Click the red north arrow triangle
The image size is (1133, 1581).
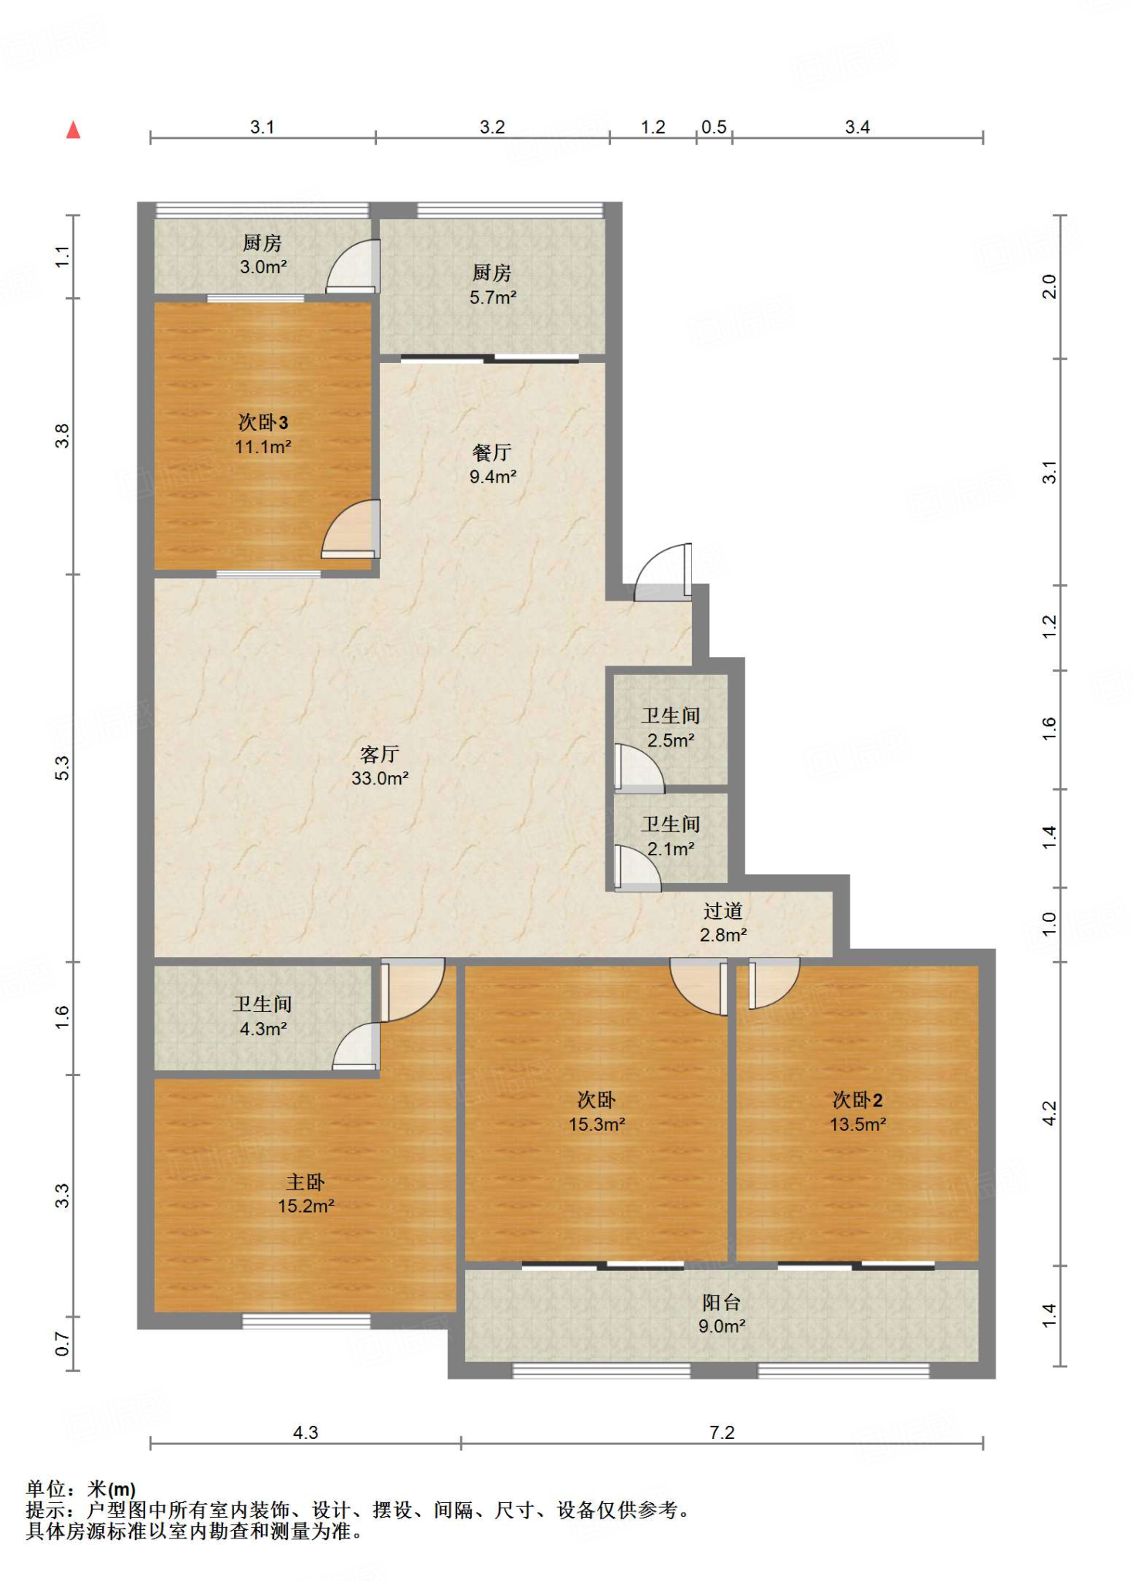point(73,130)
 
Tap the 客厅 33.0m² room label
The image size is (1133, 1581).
point(380,766)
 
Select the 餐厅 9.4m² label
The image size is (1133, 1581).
point(493,464)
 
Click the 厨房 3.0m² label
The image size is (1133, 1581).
point(263,255)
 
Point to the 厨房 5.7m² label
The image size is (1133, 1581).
point(493,285)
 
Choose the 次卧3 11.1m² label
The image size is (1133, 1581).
point(263,434)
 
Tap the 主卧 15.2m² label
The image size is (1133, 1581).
point(306,1193)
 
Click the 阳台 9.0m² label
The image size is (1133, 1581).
point(722,1314)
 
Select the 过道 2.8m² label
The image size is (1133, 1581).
point(723,923)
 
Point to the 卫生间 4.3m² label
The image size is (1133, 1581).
point(263,1016)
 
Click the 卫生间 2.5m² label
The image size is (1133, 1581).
point(670,728)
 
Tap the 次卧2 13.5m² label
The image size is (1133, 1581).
point(857,1112)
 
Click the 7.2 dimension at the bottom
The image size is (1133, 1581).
point(722,1433)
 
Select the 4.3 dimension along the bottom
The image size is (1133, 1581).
point(306,1433)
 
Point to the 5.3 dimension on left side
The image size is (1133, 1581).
point(62,768)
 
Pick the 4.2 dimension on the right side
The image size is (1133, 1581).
point(1049,1113)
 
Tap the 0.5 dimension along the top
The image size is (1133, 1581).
point(714,127)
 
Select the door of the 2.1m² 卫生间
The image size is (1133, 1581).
point(638,868)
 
